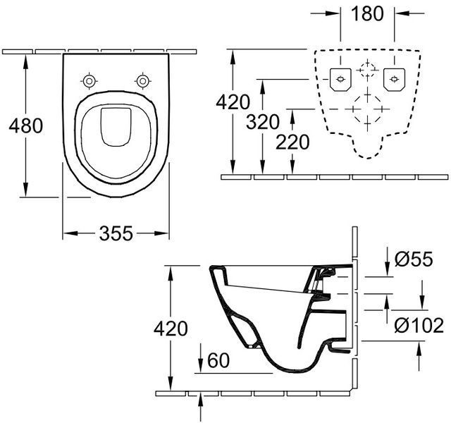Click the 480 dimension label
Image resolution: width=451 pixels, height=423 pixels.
[26, 125]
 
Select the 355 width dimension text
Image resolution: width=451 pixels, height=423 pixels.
[116, 233]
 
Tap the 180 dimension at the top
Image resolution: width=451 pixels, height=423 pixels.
[367, 13]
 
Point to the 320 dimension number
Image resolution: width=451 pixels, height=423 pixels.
[263, 121]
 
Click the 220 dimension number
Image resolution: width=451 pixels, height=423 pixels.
[292, 142]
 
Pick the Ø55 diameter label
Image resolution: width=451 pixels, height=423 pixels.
[414, 259]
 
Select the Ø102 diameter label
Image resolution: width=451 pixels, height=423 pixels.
[419, 326]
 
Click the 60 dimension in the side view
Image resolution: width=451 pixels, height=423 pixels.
[218, 360]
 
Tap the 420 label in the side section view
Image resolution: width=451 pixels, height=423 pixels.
[171, 329]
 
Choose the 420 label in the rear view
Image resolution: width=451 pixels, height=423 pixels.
[233, 102]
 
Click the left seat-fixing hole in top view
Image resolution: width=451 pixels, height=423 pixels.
[89, 81]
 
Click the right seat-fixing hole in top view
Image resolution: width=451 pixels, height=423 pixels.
[142, 81]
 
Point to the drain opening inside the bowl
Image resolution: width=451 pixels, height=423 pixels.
[116, 127]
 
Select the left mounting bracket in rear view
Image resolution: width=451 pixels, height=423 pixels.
[340, 80]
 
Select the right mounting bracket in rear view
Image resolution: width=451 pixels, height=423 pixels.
[394, 80]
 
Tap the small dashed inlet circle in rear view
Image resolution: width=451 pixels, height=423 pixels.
[367, 69]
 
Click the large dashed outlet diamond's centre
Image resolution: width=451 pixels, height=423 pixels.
[367, 109]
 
